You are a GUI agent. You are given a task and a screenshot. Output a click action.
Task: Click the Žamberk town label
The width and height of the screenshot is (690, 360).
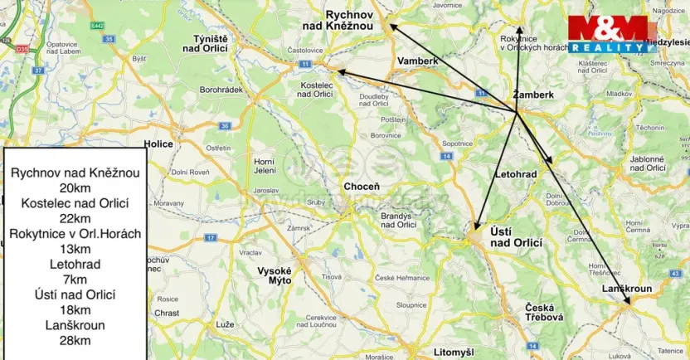pos(533,95)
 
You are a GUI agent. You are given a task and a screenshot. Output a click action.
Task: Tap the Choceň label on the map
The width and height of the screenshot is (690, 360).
pos(362,187)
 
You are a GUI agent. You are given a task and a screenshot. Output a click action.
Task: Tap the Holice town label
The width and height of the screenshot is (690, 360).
pos(158,144)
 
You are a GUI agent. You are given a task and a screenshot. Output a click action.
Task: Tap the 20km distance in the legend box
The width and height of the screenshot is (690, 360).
pos(75,188)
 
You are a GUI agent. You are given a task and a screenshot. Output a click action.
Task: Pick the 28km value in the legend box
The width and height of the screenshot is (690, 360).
pos(75,340)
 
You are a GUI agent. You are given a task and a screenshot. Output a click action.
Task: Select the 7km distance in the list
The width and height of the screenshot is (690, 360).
pos(75,280)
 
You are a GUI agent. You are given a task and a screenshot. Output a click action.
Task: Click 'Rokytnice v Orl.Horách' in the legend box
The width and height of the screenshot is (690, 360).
pos(75,234)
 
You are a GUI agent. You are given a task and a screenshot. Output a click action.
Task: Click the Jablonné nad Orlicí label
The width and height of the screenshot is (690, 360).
pos(648,163)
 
